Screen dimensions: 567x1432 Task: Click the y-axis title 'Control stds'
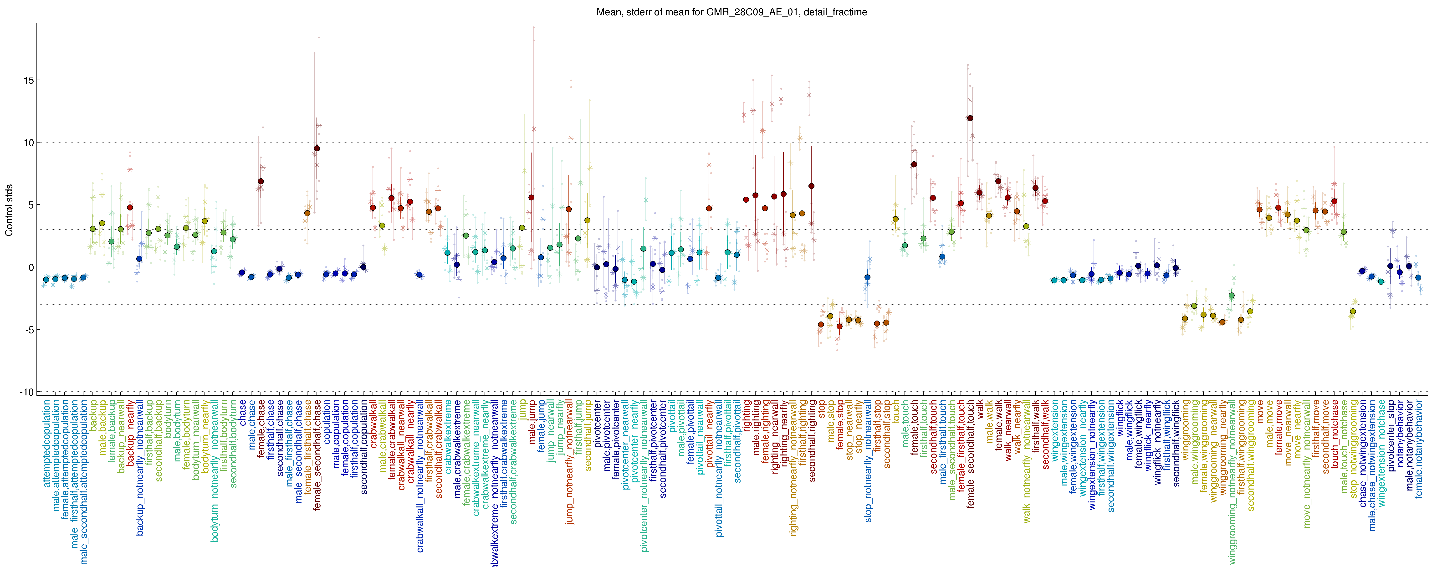[x=9, y=210]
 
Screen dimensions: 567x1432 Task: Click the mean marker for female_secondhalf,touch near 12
[x=970, y=118]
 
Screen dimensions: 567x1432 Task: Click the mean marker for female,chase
[x=261, y=181]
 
